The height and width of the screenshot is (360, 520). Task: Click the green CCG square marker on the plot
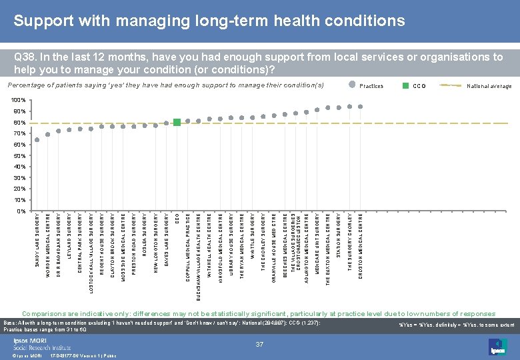coord(177,122)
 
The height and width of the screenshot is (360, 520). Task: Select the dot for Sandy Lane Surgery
coord(37,140)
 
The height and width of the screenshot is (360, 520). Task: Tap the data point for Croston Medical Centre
coord(360,106)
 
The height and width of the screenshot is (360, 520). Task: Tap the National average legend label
coord(489,86)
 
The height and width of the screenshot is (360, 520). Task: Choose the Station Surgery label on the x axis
coord(339,233)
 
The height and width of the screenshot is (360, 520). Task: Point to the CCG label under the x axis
coord(177,218)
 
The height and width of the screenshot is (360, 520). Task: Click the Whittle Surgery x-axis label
coord(253,235)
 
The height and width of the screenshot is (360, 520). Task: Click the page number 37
coord(260,344)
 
